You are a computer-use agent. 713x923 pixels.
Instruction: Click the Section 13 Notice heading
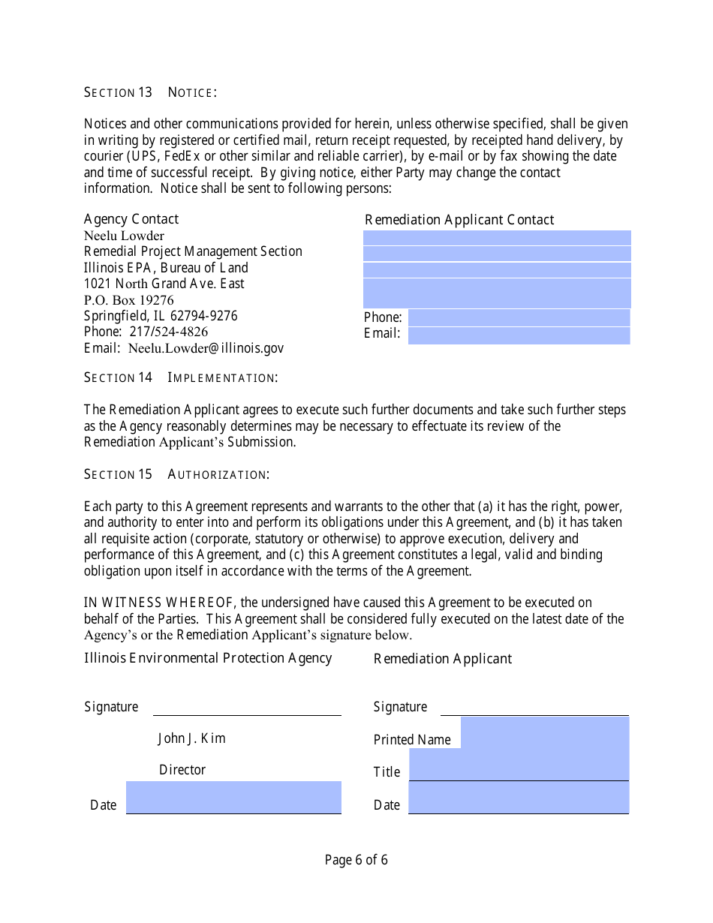(150, 92)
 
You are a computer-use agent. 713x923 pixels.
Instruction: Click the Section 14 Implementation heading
(180, 377)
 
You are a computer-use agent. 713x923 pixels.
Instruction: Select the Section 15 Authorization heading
(176, 474)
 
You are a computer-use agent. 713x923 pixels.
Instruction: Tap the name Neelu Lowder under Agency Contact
(124, 236)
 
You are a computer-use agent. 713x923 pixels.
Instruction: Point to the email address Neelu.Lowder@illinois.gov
(206, 348)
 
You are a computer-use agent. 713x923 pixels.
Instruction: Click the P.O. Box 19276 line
(128, 300)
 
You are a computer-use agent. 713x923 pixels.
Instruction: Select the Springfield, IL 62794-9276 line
(161, 316)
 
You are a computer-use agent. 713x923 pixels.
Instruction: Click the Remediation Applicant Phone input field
(519, 317)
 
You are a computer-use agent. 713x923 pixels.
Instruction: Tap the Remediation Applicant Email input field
(519, 335)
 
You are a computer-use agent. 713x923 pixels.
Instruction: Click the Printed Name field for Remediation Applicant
(544, 733)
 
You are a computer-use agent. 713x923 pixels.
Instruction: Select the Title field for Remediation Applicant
(519, 765)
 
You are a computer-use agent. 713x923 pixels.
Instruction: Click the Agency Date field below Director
(233, 798)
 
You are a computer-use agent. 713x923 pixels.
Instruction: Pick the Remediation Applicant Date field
(519, 798)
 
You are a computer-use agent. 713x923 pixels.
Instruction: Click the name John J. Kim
(191, 738)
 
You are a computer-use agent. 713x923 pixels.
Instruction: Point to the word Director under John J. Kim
(182, 770)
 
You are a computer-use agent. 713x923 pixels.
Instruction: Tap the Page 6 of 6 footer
(356, 860)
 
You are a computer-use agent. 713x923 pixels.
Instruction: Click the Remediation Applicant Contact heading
(459, 220)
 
